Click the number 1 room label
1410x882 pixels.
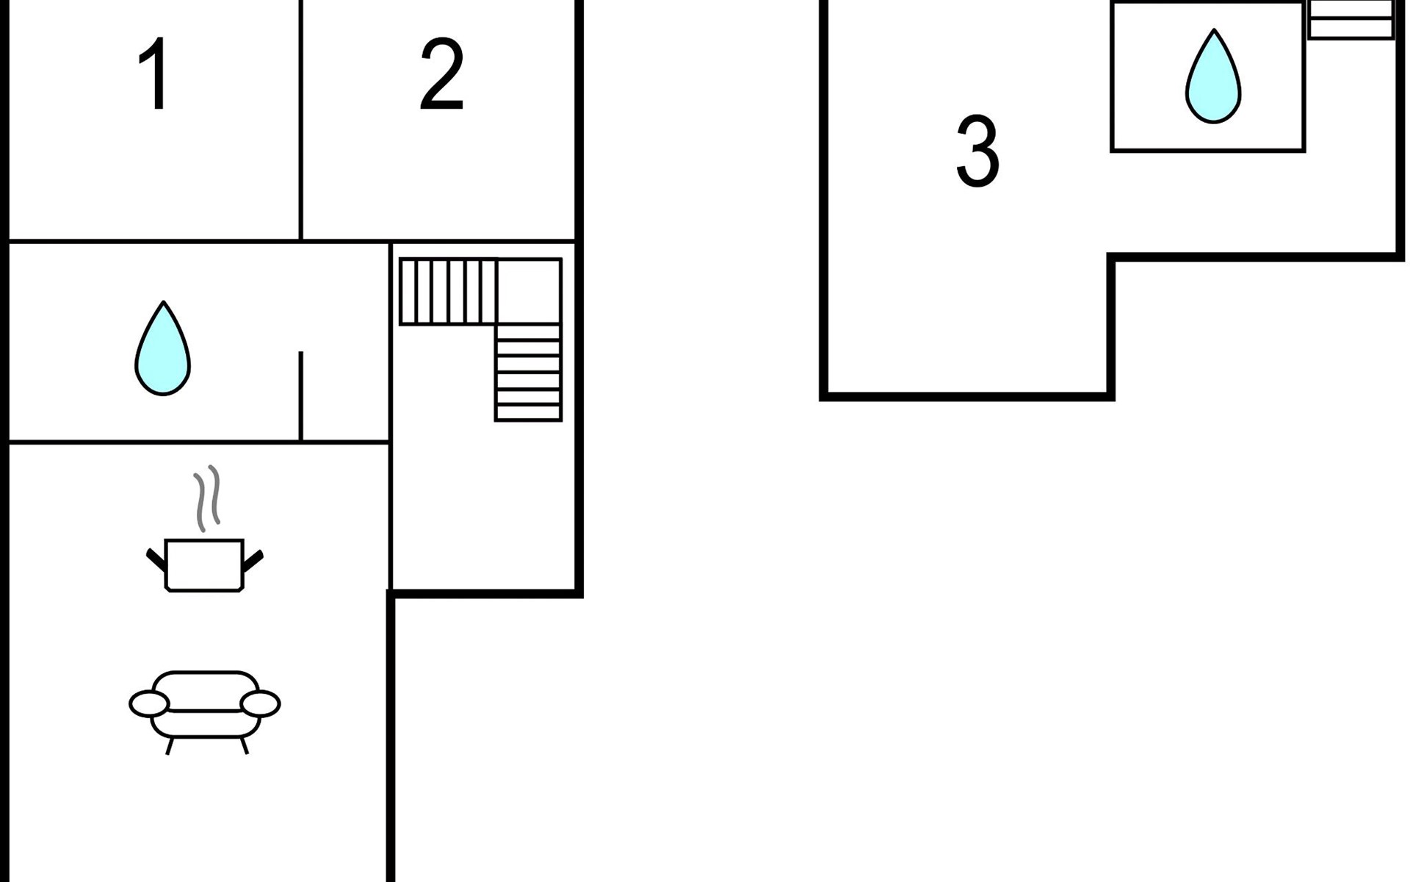point(154,74)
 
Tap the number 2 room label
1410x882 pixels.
point(441,74)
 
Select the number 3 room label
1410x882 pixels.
point(977,151)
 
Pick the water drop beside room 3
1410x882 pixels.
point(1213,76)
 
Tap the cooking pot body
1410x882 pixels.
point(204,565)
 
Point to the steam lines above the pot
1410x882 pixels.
point(207,498)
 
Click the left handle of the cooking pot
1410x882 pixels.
point(156,560)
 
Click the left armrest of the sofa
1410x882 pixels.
point(149,704)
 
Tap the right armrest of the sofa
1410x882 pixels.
point(261,704)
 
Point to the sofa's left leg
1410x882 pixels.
point(170,746)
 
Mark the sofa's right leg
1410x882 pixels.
point(245,746)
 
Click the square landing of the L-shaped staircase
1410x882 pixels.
point(529,291)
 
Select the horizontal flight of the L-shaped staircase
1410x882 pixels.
point(448,291)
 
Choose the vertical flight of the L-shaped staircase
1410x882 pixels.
point(529,372)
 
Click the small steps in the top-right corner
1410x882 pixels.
point(1351,18)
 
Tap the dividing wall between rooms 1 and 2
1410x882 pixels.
point(301,120)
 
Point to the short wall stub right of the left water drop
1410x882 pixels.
point(301,396)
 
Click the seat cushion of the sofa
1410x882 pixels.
point(206,723)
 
